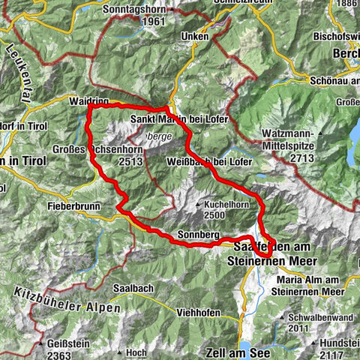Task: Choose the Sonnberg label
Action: click(199, 235)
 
